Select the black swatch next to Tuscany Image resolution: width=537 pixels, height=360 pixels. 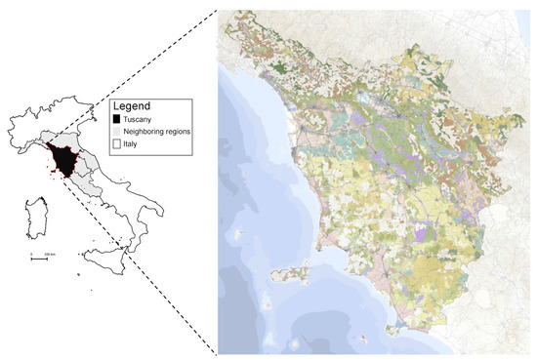pyautogui.click(x=119, y=119)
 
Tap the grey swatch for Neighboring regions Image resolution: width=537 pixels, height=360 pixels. pyautogui.click(x=119, y=131)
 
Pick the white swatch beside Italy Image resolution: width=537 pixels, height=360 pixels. pyautogui.click(x=119, y=142)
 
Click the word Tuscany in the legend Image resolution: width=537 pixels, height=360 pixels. pyautogui.click(x=139, y=119)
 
